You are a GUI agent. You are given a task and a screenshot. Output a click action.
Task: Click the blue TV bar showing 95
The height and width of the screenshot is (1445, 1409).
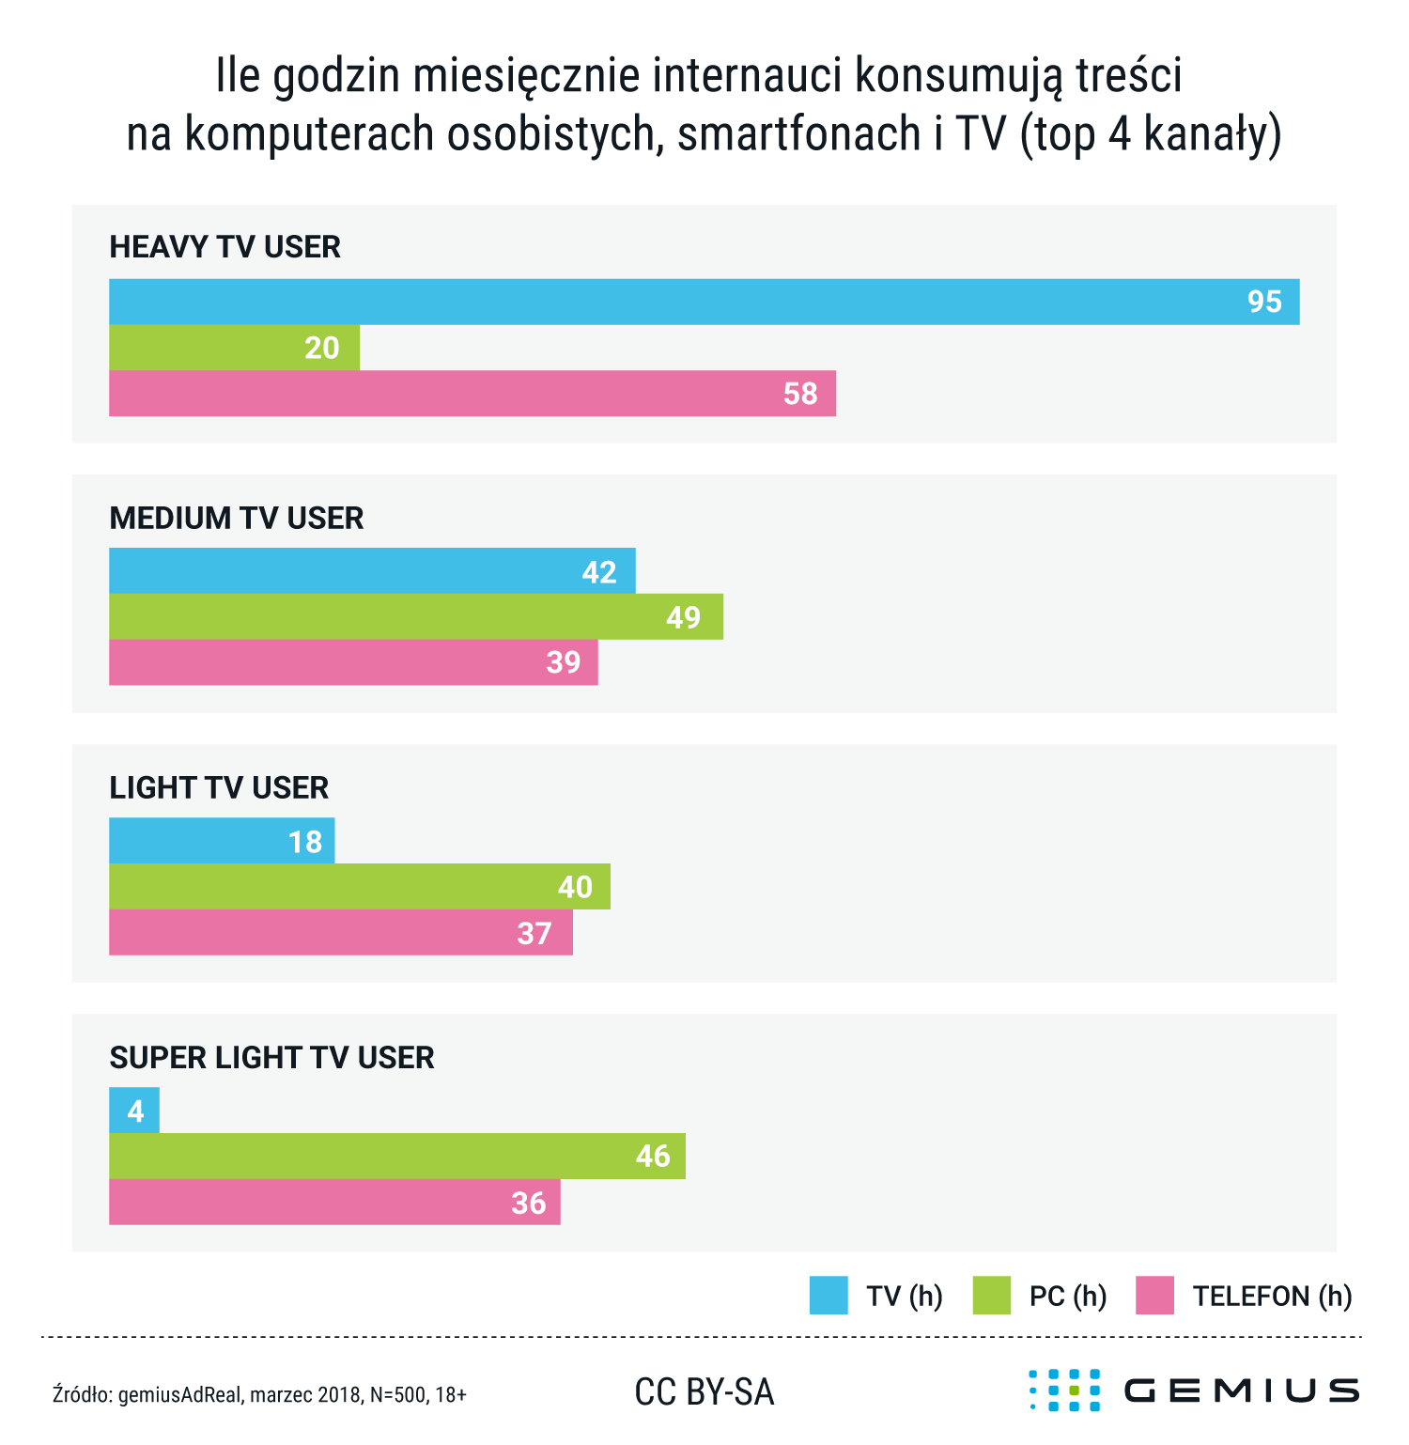point(704,302)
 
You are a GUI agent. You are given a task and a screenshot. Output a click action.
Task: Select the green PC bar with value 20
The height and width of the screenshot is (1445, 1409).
point(234,348)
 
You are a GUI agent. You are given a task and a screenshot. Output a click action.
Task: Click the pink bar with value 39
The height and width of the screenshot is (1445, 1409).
point(353,662)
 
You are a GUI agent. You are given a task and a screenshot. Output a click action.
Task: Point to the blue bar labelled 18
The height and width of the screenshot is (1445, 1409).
point(222,841)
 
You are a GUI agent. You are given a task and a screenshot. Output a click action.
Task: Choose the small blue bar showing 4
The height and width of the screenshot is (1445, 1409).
point(134,1111)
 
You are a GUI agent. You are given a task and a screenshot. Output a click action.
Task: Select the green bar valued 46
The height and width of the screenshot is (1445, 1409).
point(396,1156)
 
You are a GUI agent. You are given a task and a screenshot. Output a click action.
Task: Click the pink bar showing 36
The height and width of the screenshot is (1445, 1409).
point(334,1203)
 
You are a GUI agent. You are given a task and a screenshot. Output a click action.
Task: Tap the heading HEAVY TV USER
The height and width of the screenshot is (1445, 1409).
point(225,247)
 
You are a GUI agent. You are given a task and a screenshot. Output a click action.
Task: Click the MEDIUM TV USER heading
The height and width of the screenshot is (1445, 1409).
point(236,518)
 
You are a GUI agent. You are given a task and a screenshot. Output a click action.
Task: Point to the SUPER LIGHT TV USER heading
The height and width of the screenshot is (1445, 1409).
point(271,1058)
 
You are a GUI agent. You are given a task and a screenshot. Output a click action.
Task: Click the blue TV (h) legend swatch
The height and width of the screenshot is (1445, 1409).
point(828,1295)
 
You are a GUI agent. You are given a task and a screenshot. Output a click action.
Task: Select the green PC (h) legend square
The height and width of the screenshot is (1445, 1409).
point(992,1295)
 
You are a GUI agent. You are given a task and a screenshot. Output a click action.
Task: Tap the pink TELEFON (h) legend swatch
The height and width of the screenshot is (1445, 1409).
point(1154,1295)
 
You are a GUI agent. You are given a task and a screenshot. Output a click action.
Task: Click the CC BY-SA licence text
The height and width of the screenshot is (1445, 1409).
point(704,1392)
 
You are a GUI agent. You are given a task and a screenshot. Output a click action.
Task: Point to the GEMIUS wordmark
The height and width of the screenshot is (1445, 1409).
point(1242,1391)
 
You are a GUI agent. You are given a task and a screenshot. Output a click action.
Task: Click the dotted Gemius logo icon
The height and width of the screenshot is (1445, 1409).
point(1064,1391)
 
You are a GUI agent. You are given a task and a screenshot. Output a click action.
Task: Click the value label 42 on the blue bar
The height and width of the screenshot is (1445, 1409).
point(598,571)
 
